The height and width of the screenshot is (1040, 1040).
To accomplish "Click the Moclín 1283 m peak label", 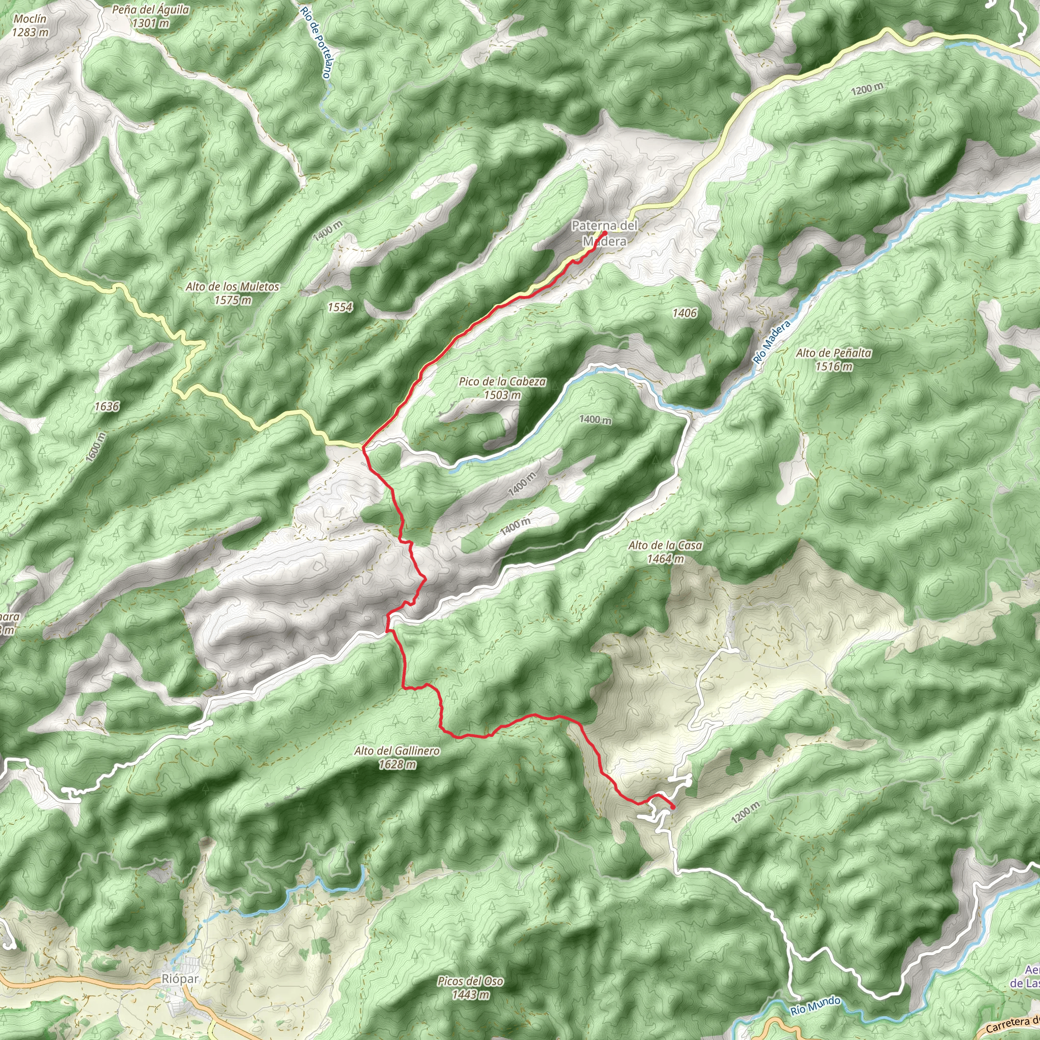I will click(30, 25).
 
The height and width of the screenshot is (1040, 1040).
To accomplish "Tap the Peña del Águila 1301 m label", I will click(150, 16).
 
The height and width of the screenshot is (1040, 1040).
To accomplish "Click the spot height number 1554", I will click(340, 307).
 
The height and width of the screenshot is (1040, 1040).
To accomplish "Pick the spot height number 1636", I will click(107, 406).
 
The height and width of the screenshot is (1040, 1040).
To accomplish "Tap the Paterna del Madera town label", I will click(604, 233).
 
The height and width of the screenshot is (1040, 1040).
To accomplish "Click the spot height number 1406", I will click(684, 313).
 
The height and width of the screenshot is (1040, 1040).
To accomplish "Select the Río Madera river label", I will click(772, 342).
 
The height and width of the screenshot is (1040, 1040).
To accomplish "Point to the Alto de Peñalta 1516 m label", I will click(833, 359).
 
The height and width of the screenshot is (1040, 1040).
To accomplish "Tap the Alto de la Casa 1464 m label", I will click(665, 552).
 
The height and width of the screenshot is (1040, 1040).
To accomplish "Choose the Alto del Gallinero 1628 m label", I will click(397, 757).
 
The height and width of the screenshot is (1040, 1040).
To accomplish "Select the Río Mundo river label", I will click(816, 1005).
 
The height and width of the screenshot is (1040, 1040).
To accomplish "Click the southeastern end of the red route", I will click(673, 806).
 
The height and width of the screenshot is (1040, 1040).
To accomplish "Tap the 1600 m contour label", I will click(96, 446).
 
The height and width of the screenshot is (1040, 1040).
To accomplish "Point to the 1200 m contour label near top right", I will click(867, 89).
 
